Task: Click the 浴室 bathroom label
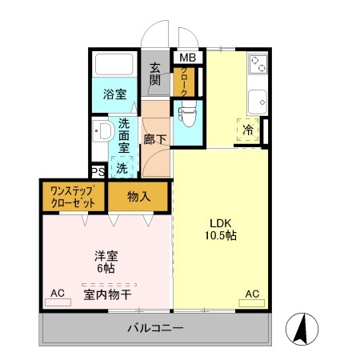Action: (x=113, y=94)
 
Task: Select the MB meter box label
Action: (x=186, y=58)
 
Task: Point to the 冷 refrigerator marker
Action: (x=248, y=130)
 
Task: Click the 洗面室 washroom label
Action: (x=124, y=136)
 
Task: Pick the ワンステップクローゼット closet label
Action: (x=73, y=197)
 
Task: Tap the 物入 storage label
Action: (x=138, y=197)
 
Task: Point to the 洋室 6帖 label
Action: (x=106, y=263)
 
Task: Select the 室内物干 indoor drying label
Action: (x=107, y=294)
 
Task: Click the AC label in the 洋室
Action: (x=58, y=293)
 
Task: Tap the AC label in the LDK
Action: (x=251, y=293)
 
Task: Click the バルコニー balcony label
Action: (x=154, y=328)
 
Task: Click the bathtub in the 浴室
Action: (x=114, y=64)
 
